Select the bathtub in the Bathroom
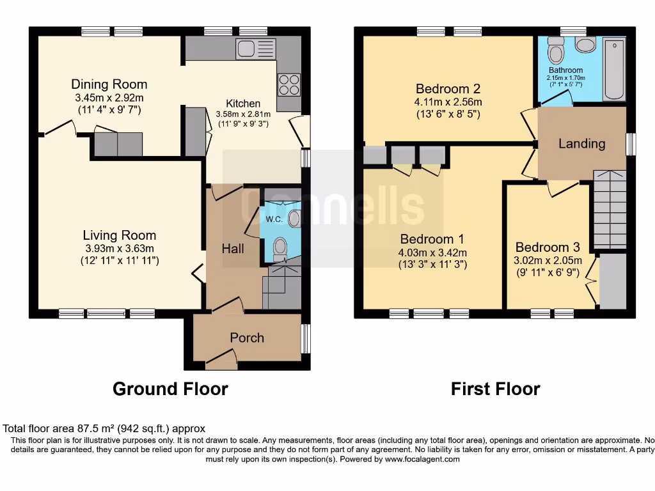[x=614, y=70]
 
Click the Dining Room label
[x=109, y=84]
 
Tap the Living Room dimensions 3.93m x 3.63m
[x=120, y=248]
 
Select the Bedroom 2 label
[x=448, y=88]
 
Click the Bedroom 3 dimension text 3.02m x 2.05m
[x=549, y=260]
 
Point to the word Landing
[x=581, y=143]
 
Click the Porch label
[x=247, y=338]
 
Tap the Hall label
[x=233, y=249]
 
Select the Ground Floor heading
[x=170, y=389]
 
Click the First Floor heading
[x=495, y=389]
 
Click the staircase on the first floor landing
[x=610, y=208]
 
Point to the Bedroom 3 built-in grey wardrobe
[x=612, y=280]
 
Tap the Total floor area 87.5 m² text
[x=104, y=429]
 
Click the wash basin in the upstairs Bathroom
[x=585, y=44]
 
